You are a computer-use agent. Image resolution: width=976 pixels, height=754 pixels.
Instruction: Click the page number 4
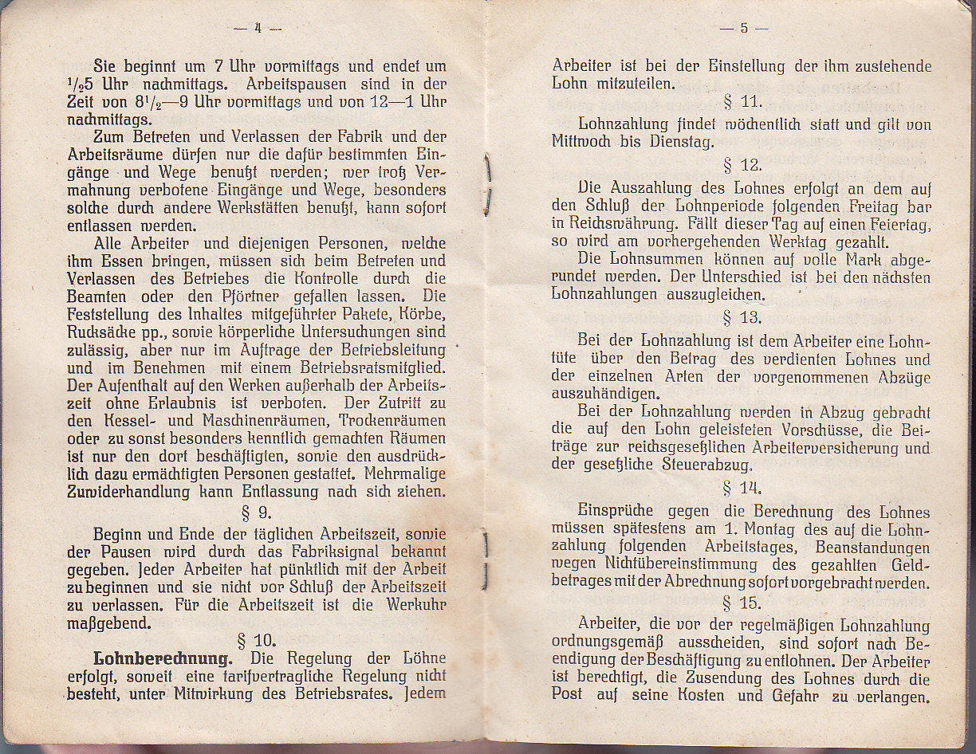[x=258, y=28]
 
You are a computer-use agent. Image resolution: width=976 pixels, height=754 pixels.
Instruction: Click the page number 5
[x=743, y=28]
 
